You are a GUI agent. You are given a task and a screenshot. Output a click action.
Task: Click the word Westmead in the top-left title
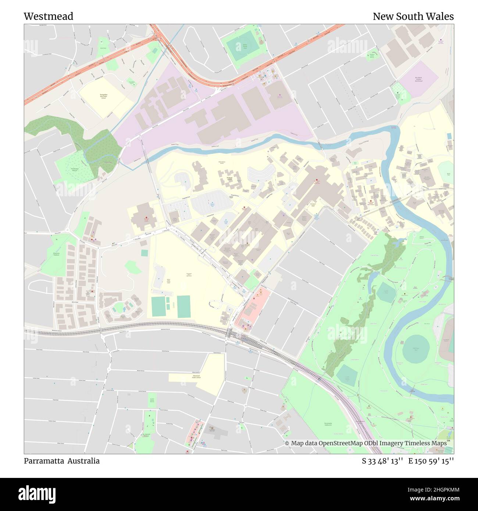tap(48, 17)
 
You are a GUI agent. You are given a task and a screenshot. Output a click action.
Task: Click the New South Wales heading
tap(413, 17)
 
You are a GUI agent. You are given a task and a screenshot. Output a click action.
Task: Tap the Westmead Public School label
tap(197, 376)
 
